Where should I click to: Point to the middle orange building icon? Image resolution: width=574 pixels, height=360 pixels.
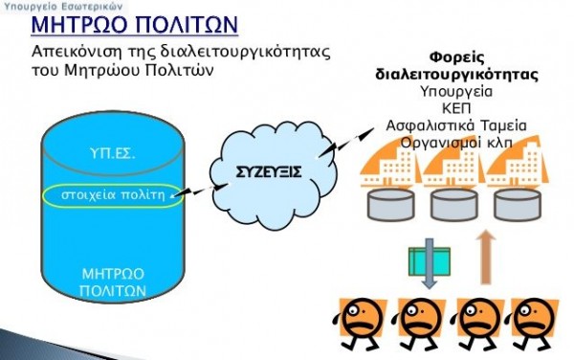[x=450, y=172]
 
